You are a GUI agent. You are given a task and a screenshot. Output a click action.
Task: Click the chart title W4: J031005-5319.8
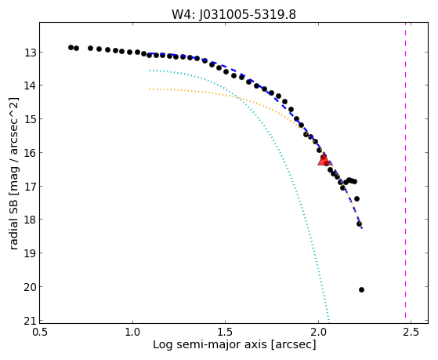tap(233, 14)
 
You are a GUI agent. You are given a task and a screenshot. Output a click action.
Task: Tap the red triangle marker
tap(324, 159)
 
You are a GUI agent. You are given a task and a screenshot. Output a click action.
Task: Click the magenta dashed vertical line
tap(405, 173)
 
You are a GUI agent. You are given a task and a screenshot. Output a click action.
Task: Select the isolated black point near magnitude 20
tap(361, 289)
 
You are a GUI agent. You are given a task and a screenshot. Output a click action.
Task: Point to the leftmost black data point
tap(71, 47)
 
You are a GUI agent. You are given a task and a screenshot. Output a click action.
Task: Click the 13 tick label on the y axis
tap(30, 53)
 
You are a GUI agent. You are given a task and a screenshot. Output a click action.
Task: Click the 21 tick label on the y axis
tap(30, 321)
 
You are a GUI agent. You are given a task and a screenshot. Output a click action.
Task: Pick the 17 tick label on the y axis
tap(30, 187)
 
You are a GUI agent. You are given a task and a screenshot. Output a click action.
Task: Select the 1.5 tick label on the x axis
tap(225, 333)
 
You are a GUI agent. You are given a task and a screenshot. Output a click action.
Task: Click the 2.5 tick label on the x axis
tap(411, 333)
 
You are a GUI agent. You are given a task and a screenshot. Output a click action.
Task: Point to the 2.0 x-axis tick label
tap(318, 333)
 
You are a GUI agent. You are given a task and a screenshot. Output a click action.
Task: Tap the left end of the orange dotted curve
tap(150, 89)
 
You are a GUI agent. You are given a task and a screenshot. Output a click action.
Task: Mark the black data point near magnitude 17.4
tap(357, 199)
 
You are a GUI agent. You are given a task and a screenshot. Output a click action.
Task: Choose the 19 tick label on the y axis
tap(30, 253)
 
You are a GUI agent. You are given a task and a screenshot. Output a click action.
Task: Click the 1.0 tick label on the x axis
tap(133, 333)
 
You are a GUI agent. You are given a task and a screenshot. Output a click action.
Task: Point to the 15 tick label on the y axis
tap(30, 119)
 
